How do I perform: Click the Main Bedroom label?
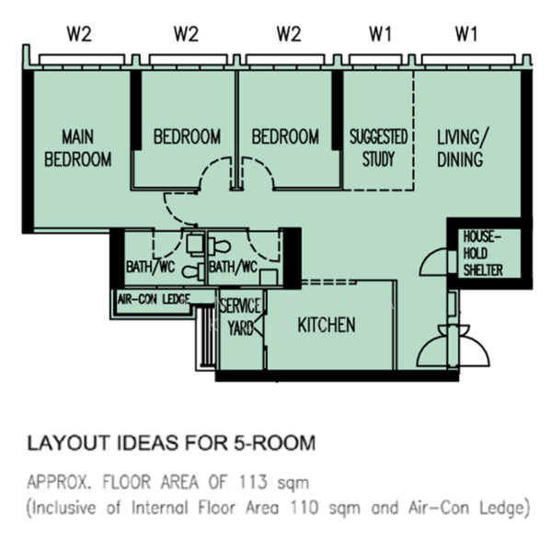[78, 148]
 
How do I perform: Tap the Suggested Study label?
[378, 148]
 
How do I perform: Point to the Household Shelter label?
[482, 254]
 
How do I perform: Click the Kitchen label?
[327, 325]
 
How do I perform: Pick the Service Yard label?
[240, 316]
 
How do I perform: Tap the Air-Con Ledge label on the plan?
[154, 300]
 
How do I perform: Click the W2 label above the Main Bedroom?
[79, 34]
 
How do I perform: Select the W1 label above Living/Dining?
[466, 34]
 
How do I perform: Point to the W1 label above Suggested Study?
[380, 34]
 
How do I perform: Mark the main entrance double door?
[453, 347]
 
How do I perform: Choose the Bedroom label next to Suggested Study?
[285, 136]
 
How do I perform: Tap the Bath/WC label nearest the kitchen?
[233, 267]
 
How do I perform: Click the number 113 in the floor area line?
[253, 482]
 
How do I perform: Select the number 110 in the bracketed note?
[304, 508]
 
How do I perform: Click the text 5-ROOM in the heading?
[275, 443]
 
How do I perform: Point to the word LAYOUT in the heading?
[69, 443]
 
